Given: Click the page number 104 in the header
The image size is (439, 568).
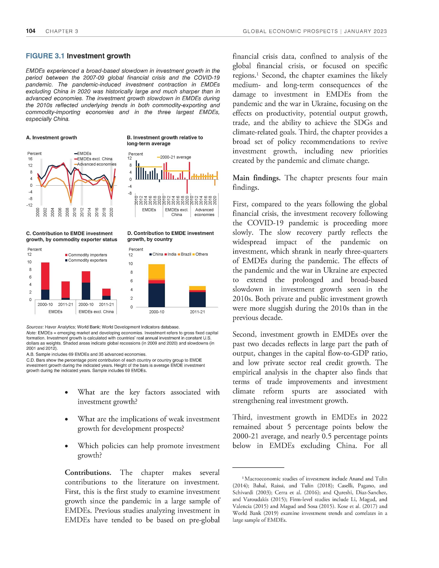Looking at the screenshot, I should [x=31, y=31].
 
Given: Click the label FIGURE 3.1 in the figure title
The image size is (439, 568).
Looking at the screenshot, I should [x=45, y=56].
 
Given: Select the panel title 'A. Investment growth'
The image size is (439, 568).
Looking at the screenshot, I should [x=51, y=138].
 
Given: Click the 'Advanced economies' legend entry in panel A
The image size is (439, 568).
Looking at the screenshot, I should [x=96, y=164].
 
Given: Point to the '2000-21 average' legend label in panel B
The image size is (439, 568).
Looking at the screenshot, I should [x=175, y=157].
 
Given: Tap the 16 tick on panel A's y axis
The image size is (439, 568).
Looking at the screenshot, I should [x=30, y=159].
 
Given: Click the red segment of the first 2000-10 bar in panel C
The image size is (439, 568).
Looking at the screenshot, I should [x=45, y=276].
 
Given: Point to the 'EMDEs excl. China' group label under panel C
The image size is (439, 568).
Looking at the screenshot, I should [x=96, y=312].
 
